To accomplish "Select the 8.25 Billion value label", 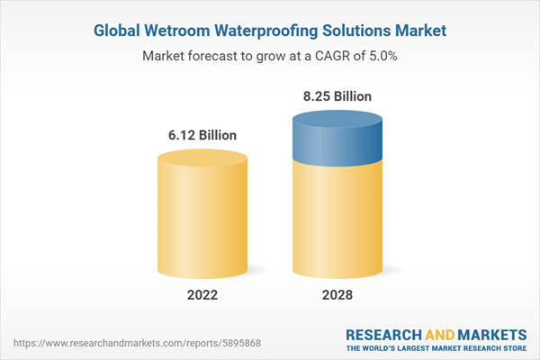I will (336, 96).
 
